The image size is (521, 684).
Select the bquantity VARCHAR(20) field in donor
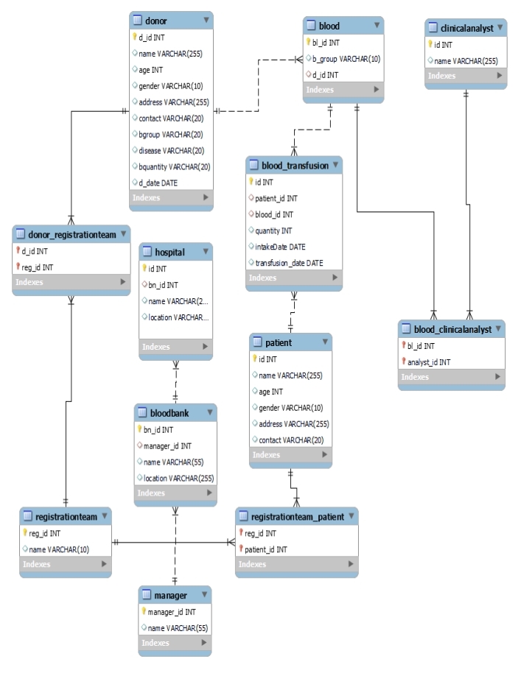pyautogui.click(x=175, y=166)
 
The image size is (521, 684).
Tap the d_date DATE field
pyautogui.click(x=158, y=183)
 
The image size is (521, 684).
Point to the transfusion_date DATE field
pyautogui.click(x=289, y=263)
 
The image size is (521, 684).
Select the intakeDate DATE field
pyautogui.click(x=280, y=247)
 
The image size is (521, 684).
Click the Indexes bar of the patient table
pyautogui.click(x=290, y=455)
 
